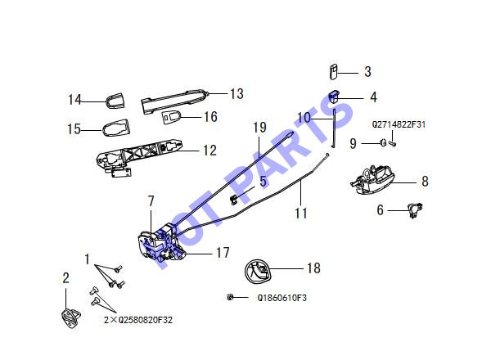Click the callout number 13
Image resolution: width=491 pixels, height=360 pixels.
(236, 93)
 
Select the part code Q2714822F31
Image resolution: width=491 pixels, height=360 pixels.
(399, 124)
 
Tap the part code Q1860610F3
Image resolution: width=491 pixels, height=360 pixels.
(282, 298)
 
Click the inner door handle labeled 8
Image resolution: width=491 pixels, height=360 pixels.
(372, 180)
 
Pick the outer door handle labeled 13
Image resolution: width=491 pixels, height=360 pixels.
(174, 101)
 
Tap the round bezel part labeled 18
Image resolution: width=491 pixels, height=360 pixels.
(258, 272)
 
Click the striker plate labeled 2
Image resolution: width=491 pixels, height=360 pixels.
(70, 317)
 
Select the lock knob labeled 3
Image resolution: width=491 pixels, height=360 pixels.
(334, 72)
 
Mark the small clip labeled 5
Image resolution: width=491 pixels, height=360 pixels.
(233, 200)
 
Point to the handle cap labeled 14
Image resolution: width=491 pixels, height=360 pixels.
(115, 100)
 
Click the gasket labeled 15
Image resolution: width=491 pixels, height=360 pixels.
(115, 128)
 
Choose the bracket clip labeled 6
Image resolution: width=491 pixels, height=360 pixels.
(415, 209)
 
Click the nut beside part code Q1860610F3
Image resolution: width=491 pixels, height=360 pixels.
(230, 297)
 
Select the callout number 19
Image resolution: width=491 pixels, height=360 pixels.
(259, 128)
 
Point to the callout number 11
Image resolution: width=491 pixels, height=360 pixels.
(301, 214)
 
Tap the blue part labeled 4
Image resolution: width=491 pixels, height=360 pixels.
(335, 97)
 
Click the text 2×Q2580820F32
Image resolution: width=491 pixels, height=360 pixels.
(138, 320)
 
